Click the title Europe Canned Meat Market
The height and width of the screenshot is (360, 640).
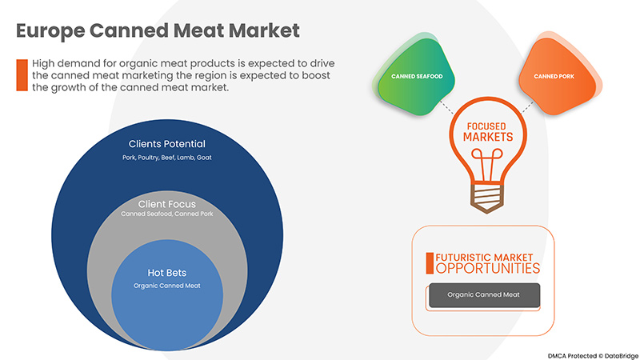(158, 31)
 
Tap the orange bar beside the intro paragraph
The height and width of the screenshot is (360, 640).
(22, 74)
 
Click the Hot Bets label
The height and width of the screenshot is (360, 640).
(167, 272)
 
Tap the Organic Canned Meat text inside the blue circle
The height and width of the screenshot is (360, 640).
(167, 286)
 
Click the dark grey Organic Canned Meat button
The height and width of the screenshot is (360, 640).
(484, 295)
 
